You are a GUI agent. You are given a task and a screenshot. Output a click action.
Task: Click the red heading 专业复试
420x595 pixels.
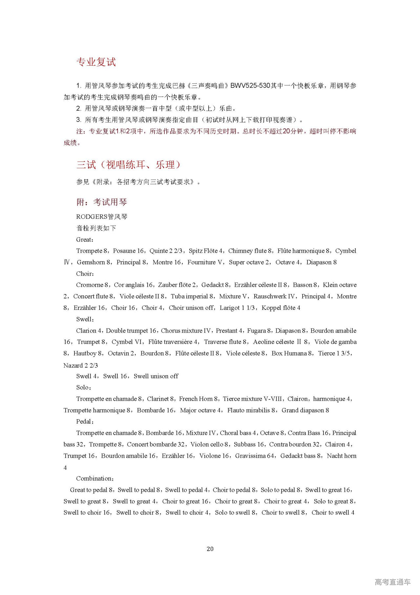(x=96, y=62)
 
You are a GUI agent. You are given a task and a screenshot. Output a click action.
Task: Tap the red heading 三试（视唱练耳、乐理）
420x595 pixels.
(x=128, y=165)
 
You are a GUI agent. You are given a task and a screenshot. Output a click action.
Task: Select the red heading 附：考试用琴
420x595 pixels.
(x=102, y=202)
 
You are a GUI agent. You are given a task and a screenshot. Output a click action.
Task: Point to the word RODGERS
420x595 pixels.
(x=92, y=217)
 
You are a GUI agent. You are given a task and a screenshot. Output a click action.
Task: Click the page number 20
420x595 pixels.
(x=210, y=549)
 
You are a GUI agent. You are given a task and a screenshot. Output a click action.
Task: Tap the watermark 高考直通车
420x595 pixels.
(x=392, y=582)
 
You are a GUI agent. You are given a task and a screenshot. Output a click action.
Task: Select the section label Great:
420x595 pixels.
(x=85, y=240)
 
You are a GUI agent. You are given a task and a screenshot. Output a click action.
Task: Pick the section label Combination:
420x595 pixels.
(x=95, y=478)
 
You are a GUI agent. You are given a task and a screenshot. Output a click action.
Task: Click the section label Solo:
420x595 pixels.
(x=83, y=387)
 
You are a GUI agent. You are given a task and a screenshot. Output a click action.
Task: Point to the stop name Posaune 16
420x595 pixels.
(x=128, y=251)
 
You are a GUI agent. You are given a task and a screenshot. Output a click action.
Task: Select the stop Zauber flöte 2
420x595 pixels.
(x=177, y=285)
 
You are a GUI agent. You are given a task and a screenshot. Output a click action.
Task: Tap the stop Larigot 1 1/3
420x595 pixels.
(x=237, y=308)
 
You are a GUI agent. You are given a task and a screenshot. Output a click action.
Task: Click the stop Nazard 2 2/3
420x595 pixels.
(x=81, y=365)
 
